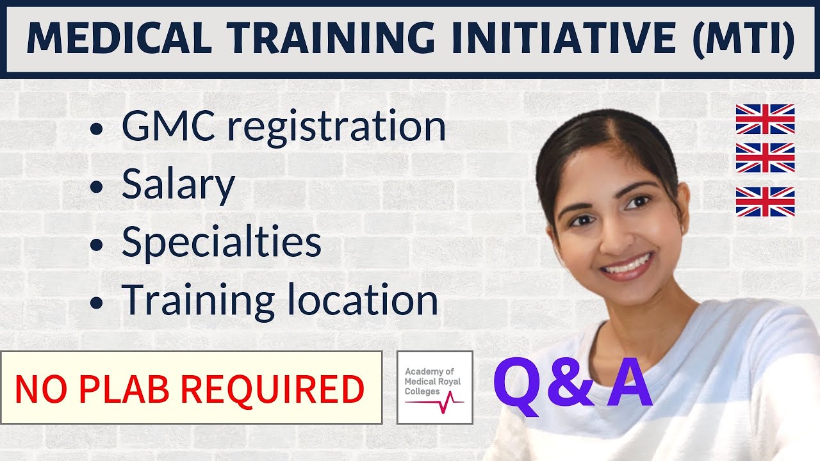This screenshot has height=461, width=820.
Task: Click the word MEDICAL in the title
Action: point(119,38)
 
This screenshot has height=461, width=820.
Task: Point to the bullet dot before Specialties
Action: point(97,245)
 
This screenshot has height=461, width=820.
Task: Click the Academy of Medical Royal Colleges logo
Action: point(435,387)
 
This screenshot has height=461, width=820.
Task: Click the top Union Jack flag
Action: point(765,119)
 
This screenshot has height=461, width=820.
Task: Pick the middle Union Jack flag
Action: point(765,158)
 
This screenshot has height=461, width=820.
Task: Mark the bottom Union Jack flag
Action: point(765,201)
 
